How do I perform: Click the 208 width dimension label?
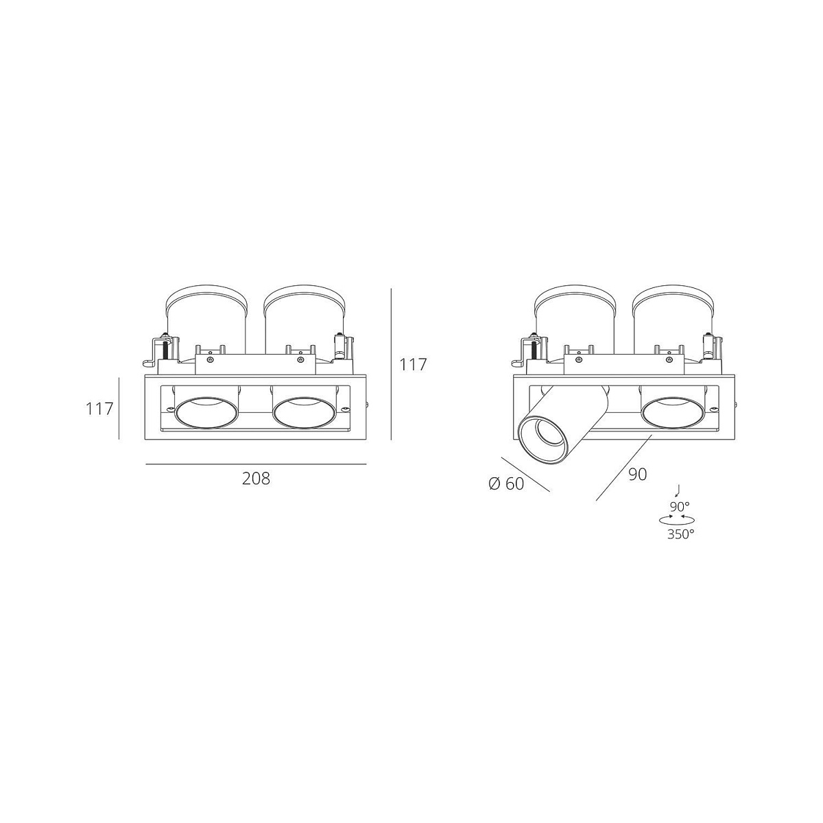(x=256, y=478)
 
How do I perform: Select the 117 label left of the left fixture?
(x=99, y=409)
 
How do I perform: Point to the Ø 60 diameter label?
(x=505, y=484)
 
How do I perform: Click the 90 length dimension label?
(x=638, y=474)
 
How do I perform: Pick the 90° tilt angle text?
(x=680, y=507)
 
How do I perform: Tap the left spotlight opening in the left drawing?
(x=207, y=413)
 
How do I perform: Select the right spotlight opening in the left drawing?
(x=305, y=413)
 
